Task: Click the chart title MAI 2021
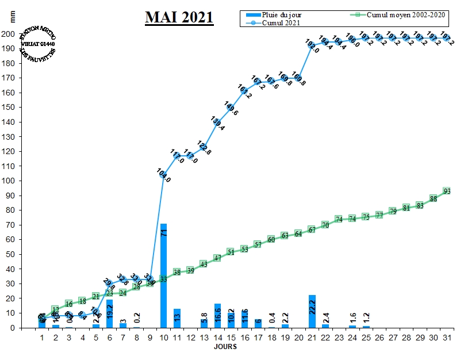click(179, 18)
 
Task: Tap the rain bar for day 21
click(312, 311)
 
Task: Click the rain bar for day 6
click(109, 313)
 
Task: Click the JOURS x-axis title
click(225, 347)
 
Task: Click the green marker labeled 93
click(447, 191)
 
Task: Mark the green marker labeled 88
click(434, 198)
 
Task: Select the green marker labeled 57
click(258, 244)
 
